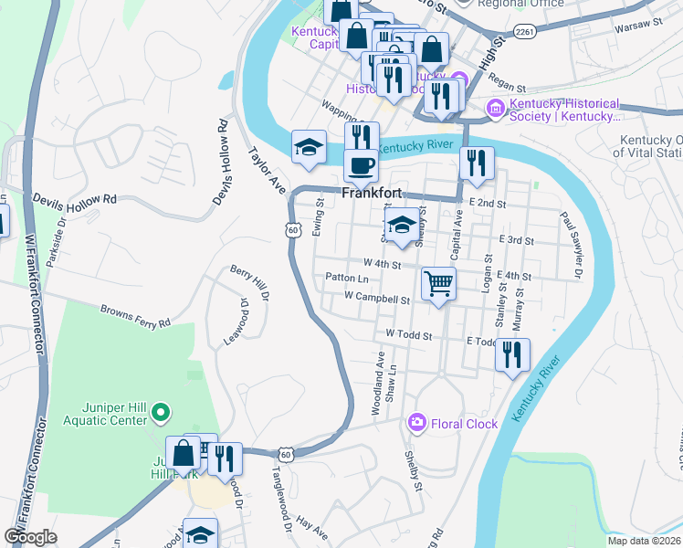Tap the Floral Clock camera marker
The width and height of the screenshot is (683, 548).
(417, 423)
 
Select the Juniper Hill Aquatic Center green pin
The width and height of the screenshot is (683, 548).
(160, 413)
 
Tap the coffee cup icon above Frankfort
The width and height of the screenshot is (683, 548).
(361, 165)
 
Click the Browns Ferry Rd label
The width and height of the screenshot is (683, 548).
(135, 317)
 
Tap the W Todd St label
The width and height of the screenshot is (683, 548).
(409, 335)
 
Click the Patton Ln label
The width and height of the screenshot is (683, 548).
(347, 278)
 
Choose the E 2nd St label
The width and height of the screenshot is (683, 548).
(487, 203)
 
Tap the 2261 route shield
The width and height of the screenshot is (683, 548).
(523, 31)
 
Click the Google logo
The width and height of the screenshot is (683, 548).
(30, 537)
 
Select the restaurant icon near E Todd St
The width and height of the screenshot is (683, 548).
(512, 353)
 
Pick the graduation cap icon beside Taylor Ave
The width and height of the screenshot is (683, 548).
(309, 146)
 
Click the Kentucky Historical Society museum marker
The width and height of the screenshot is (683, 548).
(497, 109)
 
